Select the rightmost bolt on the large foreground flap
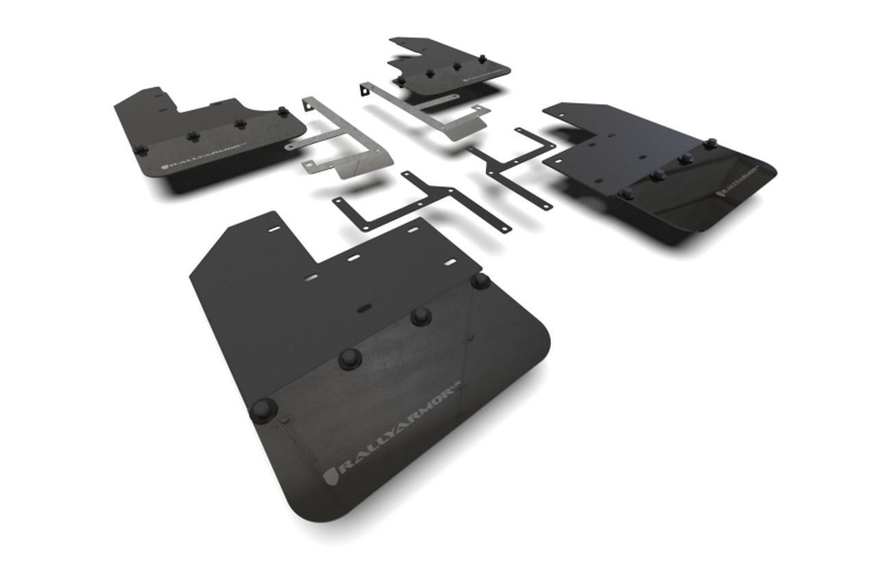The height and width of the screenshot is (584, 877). (x=480, y=281)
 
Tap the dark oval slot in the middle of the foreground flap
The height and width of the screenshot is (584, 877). (x=365, y=308)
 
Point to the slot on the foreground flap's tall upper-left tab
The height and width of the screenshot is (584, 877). (x=273, y=229)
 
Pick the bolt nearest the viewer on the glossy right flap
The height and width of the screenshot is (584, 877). (x=626, y=193)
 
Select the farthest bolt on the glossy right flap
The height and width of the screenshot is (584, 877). (x=711, y=144)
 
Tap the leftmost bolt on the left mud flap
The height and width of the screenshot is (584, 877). (x=140, y=149)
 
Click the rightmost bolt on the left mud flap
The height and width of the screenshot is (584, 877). (x=282, y=112)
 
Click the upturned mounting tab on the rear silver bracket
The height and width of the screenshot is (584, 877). (x=366, y=90)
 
